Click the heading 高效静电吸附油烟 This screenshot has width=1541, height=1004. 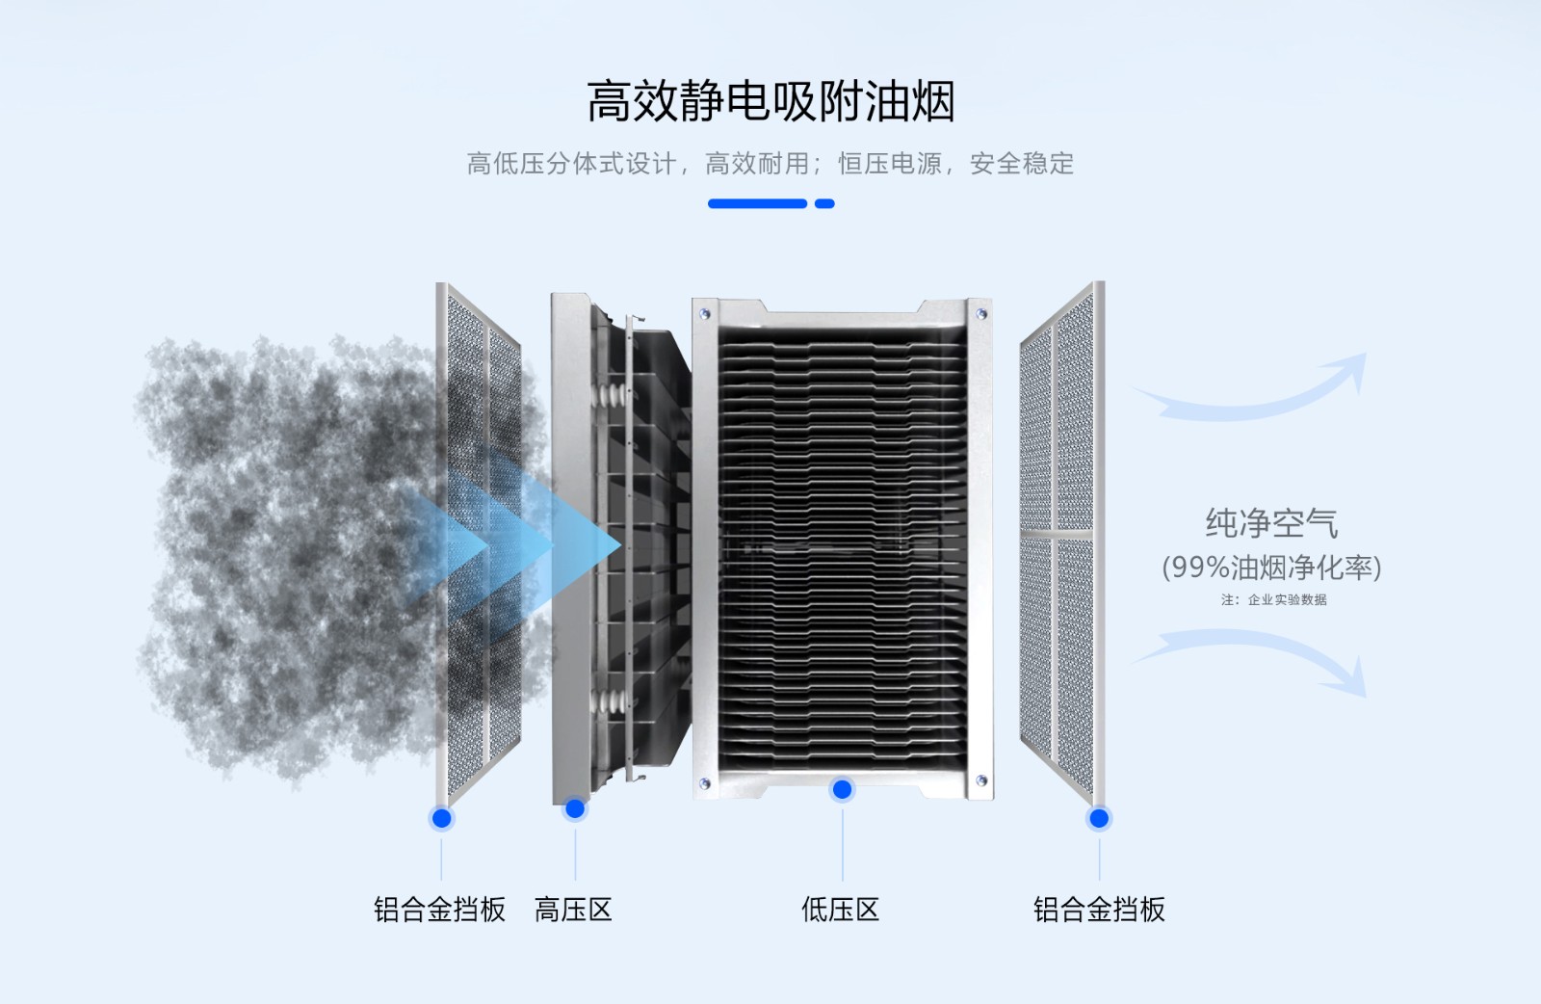770,101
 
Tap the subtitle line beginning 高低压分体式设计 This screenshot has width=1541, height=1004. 770,164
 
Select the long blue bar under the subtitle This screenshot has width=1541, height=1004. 757,203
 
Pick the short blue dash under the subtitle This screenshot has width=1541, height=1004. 824,203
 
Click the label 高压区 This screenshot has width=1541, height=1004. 573,910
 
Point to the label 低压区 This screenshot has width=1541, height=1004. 841,910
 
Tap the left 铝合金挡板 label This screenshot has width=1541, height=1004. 439,910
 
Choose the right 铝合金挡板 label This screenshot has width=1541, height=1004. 1099,910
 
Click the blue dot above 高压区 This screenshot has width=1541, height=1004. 575,808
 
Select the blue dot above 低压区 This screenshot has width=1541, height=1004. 842,790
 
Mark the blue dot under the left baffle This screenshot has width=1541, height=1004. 442,819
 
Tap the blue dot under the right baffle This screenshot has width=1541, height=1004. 1099,819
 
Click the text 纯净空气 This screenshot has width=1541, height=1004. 1271,523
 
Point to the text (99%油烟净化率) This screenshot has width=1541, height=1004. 1271,567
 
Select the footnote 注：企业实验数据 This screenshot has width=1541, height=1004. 1273,599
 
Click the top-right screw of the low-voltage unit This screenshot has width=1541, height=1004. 981,314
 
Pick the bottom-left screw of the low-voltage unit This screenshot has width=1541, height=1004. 704,783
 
